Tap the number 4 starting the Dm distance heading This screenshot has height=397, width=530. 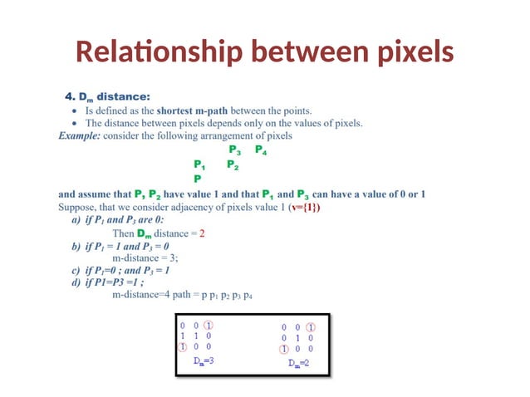pyautogui.click(x=70, y=96)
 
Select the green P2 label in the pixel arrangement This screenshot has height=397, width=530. pyautogui.click(x=233, y=164)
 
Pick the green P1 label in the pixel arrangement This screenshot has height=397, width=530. pyautogui.click(x=200, y=164)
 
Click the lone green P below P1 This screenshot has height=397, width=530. pyautogui.click(x=197, y=178)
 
